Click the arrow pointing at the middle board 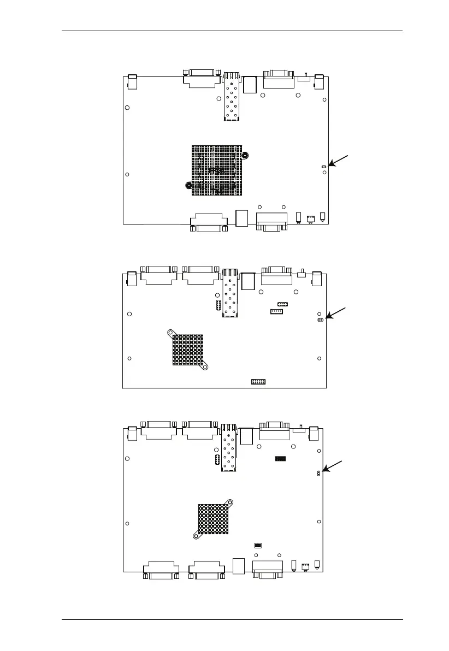336,313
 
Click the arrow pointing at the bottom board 334,466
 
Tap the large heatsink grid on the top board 216,170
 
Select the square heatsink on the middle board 188,350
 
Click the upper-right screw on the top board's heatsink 245,155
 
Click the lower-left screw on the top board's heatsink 188,185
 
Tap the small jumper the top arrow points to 323,166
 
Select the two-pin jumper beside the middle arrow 321,320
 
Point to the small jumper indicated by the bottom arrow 318,474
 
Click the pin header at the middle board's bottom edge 258,381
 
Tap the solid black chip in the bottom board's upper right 280,457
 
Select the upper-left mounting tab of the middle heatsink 171,332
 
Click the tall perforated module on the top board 231,97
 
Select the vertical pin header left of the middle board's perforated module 217,305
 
